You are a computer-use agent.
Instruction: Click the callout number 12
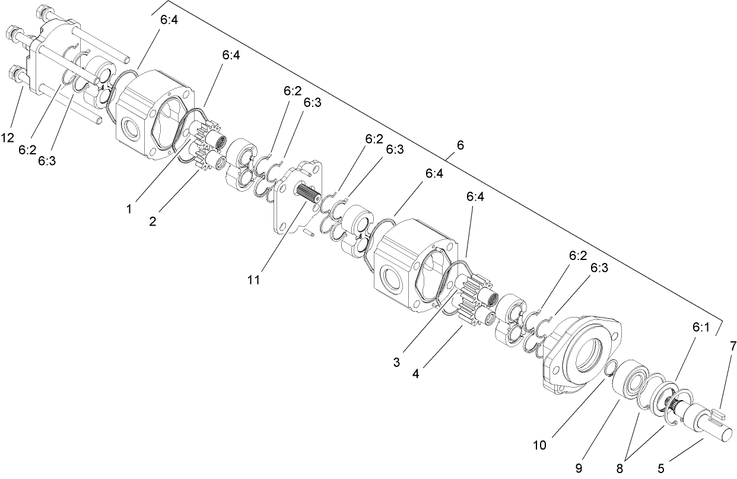[x=7, y=138]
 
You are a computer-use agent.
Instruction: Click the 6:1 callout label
[x=701, y=326]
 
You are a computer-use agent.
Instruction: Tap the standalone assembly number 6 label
[x=460, y=144]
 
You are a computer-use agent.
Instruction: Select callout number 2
[x=153, y=221]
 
